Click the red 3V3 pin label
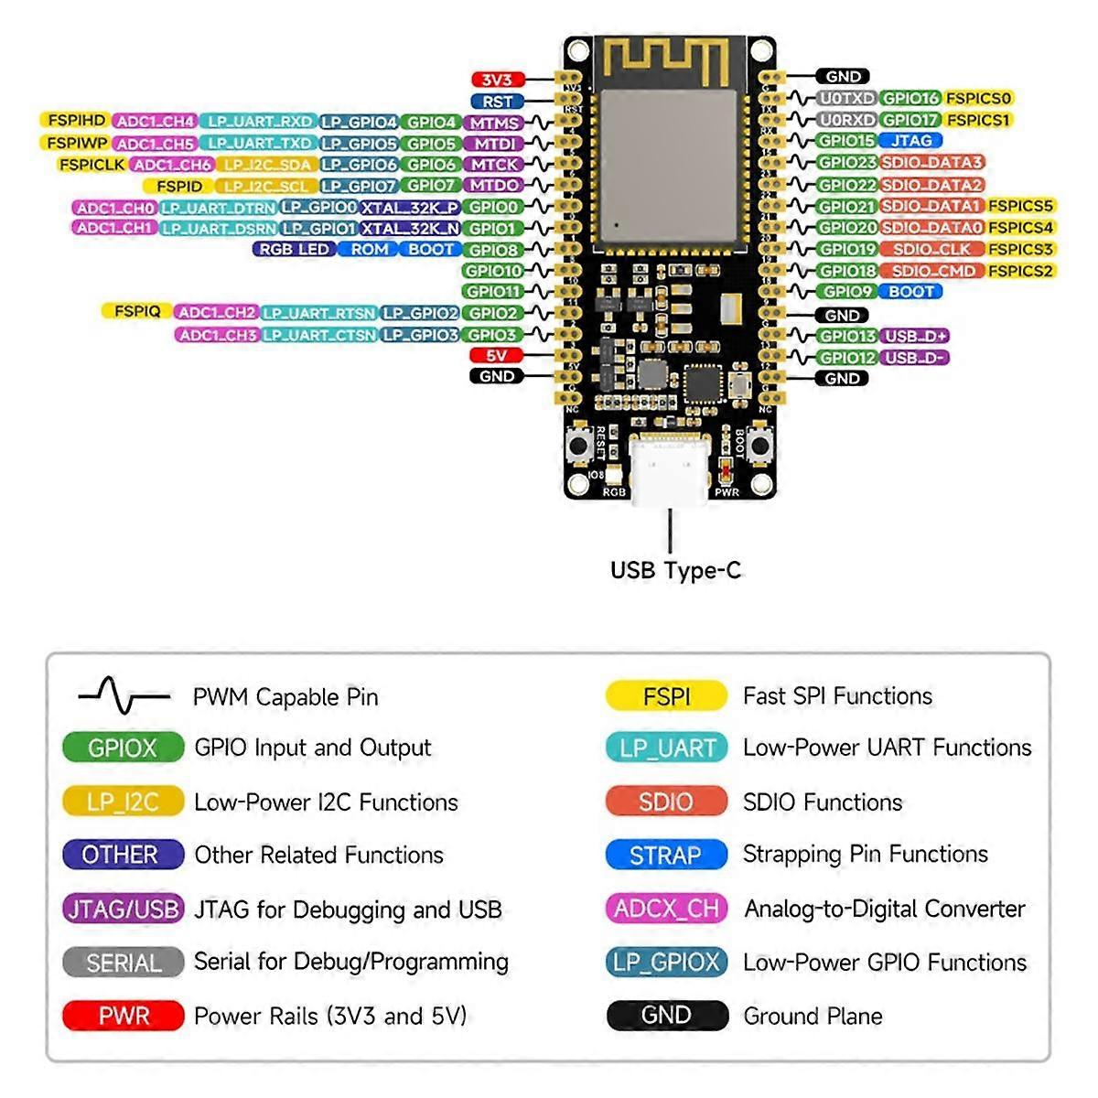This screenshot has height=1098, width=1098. click(497, 80)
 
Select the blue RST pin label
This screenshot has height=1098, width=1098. click(497, 102)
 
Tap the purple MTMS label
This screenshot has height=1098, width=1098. click(494, 123)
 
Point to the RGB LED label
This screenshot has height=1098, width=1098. click(294, 249)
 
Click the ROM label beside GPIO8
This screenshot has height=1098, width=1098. click(370, 249)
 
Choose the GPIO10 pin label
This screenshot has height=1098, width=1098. click(493, 271)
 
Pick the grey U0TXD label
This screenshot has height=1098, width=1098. click(846, 98)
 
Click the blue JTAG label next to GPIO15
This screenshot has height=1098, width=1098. click(910, 141)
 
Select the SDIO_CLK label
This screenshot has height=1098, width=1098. click(931, 249)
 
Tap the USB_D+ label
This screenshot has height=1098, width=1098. click(916, 336)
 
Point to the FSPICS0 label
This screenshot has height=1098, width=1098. click(978, 98)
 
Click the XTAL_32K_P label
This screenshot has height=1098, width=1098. click(409, 208)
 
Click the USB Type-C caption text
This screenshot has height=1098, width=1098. click(675, 571)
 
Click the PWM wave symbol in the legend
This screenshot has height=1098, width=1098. click(124, 696)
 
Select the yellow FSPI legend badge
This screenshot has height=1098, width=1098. click(666, 696)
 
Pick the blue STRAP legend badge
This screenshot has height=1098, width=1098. click(665, 856)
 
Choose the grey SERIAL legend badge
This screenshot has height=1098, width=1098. click(124, 963)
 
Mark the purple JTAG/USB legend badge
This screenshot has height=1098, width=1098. click(124, 910)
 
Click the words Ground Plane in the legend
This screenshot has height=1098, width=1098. click(813, 1016)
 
